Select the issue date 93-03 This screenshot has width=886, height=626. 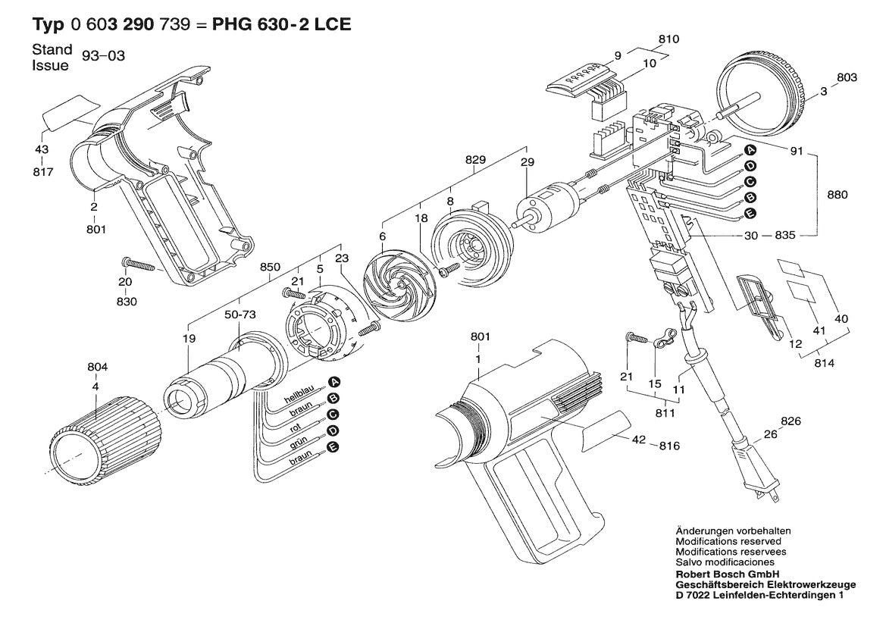pyautogui.click(x=108, y=57)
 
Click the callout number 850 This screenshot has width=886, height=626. pyautogui.click(x=270, y=267)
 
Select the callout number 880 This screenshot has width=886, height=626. pyautogui.click(x=838, y=194)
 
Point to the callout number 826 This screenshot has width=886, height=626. pyautogui.click(x=791, y=421)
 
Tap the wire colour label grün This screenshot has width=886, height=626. pyautogui.click(x=298, y=446)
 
